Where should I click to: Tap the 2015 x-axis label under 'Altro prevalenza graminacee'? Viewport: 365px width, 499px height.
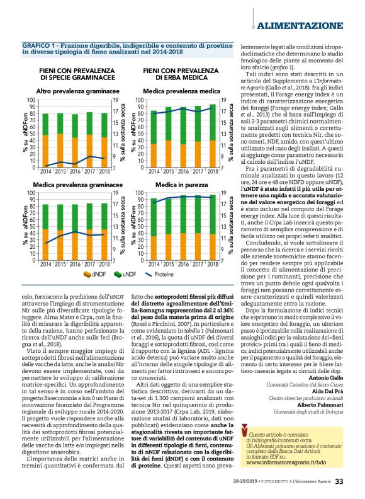point(60,171)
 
